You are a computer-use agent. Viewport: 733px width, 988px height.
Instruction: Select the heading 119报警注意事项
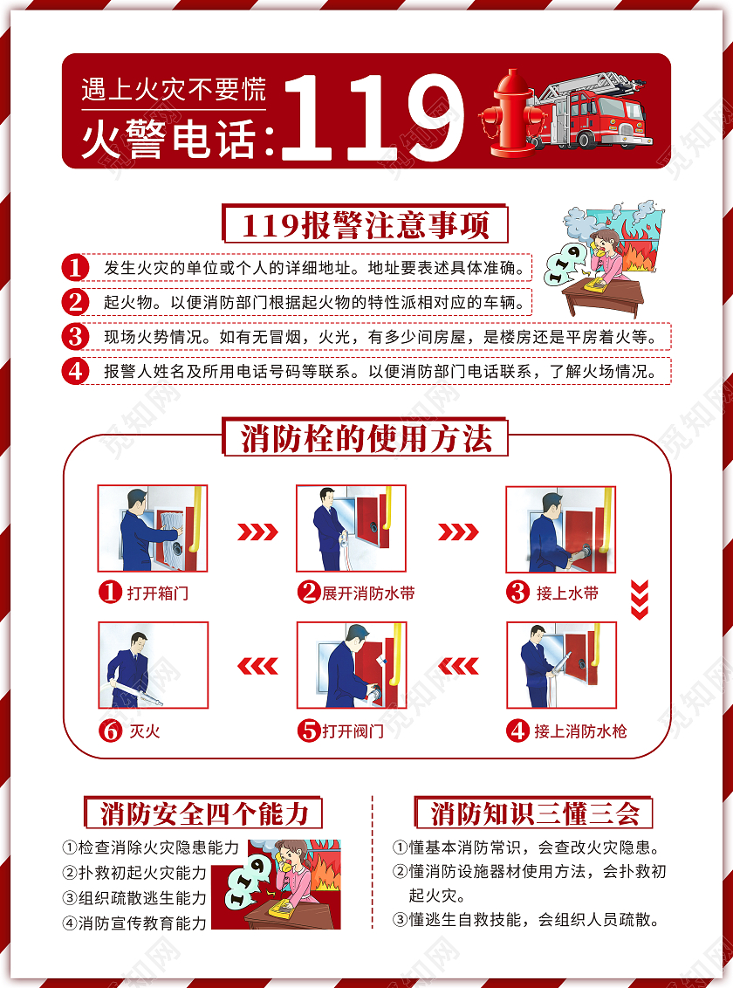(366, 225)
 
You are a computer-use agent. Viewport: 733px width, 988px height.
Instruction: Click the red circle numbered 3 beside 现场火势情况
(76, 336)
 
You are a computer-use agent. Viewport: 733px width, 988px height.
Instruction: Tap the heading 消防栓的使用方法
(366, 438)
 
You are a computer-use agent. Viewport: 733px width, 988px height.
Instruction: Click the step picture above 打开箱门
(152, 529)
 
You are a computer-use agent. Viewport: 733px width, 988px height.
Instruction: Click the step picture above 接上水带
(561, 529)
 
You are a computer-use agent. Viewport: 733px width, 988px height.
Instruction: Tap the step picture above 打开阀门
(352, 664)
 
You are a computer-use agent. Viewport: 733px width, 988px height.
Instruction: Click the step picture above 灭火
(152, 664)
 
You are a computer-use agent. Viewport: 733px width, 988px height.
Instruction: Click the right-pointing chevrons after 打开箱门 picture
(257, 532)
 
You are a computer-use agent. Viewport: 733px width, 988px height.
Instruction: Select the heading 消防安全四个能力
(204, 813)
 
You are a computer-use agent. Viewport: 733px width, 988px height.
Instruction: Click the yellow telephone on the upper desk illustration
(597, 280)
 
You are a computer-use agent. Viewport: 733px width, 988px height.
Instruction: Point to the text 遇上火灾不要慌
(173, 89)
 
